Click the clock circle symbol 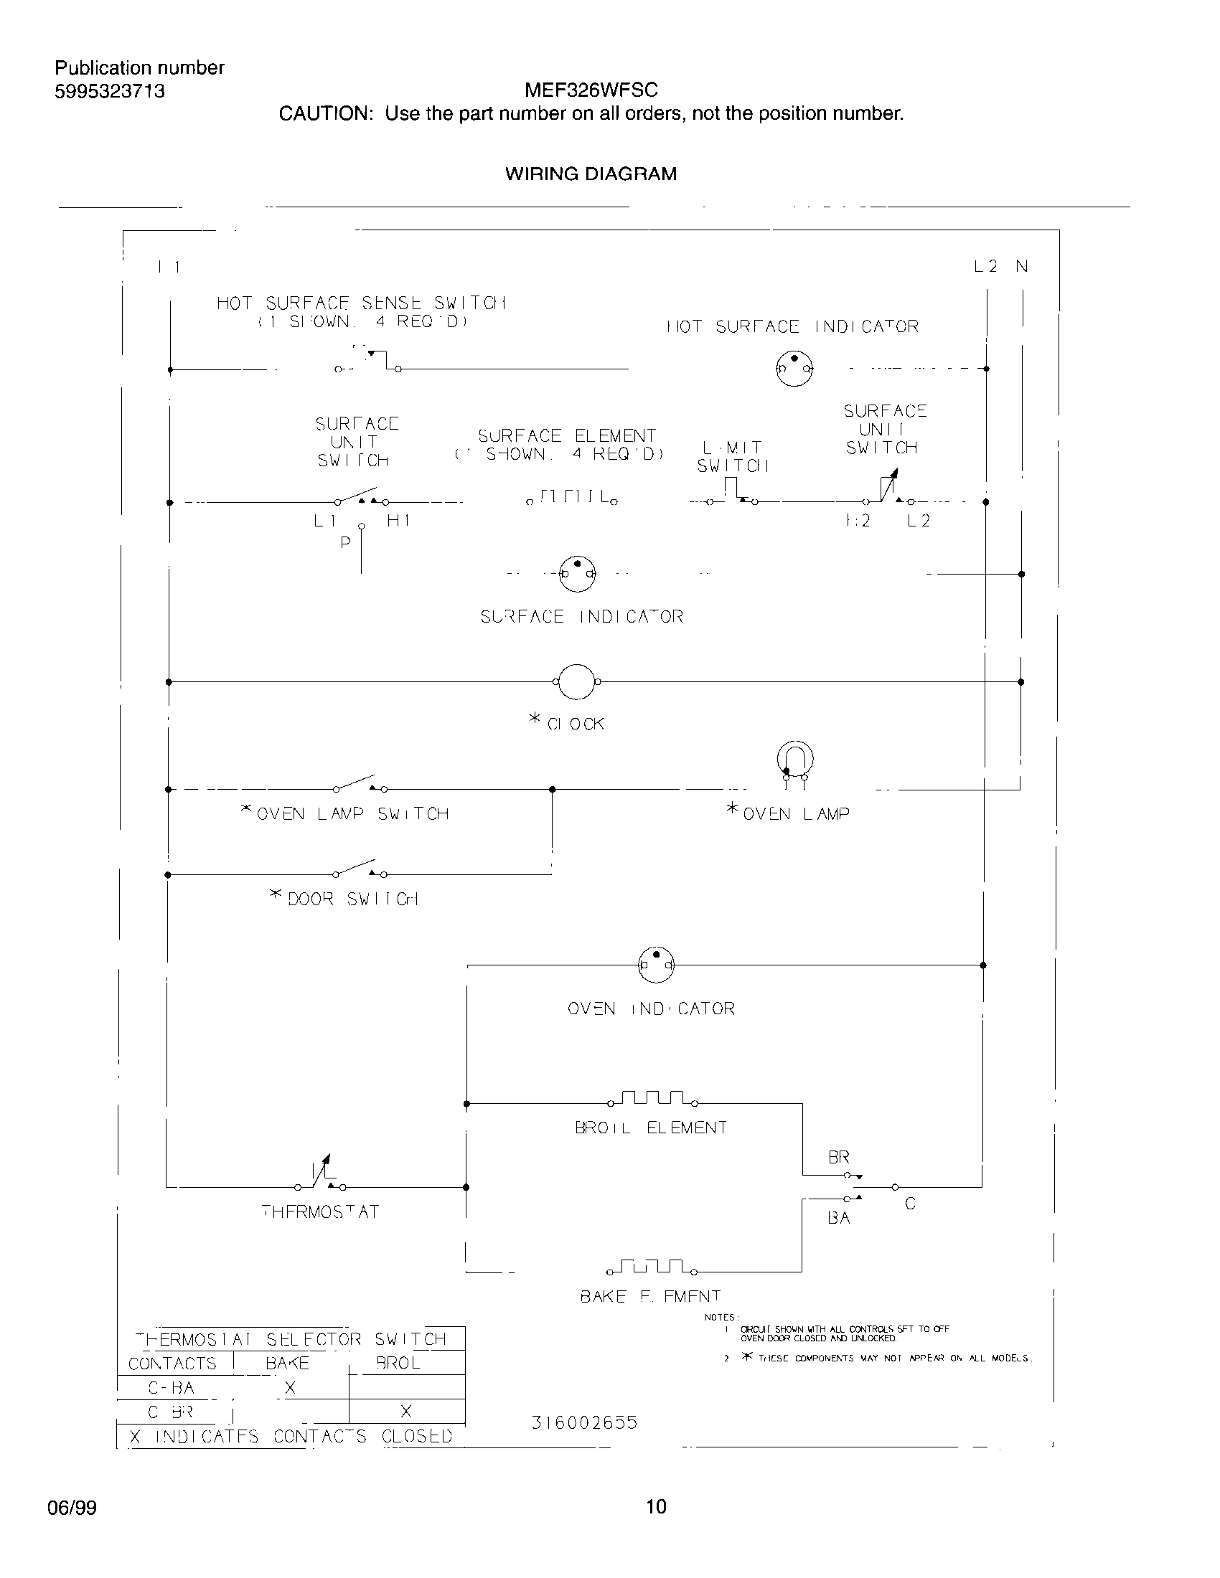pos(577,681)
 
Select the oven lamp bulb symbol pos(794,760)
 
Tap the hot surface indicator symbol pos(794,369)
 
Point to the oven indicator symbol pos(655,965)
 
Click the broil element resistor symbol pos(652,1098)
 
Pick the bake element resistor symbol pos(652,1267)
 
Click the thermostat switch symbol pos(320,1176)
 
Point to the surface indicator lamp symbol pos(578,574)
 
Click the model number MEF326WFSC pos(591,90)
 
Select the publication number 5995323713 pos(110,91)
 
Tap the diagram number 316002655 pos(584,1422)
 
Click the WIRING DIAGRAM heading pos(591,174)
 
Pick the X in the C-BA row pos(290,1387)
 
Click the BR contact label pos(838,1157)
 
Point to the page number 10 pos(655,1506)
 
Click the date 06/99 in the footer pos(72,1508)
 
